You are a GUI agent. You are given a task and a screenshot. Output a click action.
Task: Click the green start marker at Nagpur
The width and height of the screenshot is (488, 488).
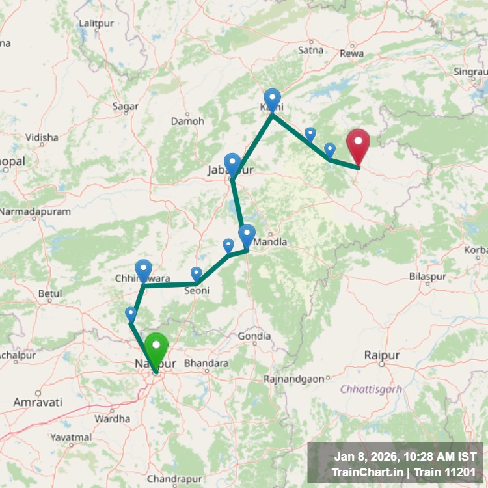(156, 349)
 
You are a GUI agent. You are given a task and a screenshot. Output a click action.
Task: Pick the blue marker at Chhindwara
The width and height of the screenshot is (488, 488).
(143, 269)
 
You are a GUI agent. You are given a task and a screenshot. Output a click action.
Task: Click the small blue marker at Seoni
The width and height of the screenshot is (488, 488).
(197, 274)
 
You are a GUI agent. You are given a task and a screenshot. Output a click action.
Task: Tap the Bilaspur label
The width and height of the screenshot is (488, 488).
(428, 277)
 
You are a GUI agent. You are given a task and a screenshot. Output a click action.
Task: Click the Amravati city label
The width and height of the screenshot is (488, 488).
(38, 403)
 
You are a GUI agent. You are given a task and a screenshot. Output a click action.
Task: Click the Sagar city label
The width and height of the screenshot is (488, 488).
(126, 106)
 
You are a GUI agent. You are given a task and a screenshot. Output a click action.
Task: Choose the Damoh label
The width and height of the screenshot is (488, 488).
(187, 121)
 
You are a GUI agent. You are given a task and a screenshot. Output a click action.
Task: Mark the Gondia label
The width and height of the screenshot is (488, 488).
(254, 336)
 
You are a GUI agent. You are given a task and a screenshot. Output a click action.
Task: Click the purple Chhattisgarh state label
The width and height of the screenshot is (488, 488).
(371, 389)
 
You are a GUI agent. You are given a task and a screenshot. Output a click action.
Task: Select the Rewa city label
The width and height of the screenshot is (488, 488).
(356, 53)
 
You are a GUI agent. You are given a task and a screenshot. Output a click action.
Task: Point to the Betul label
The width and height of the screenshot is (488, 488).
(50, 293)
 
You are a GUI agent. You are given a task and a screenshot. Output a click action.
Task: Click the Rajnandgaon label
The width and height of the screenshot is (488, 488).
(294, 379)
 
